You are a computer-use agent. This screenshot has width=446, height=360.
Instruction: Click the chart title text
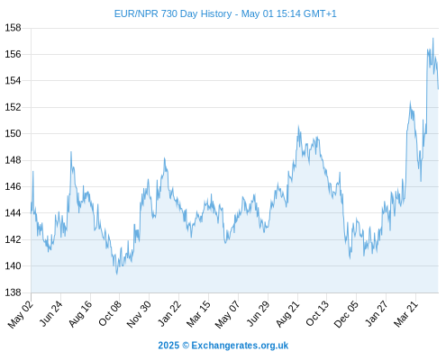click(225, 13)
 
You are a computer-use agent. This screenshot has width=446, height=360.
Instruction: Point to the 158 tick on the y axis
click(13, 28)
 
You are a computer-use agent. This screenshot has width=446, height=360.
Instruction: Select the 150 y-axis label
click(13, 133)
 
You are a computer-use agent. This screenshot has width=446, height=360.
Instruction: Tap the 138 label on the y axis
click(13, 292)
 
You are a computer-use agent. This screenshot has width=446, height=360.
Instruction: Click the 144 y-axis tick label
click(13, 213)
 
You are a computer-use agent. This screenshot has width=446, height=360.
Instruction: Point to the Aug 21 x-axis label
click(287, 314)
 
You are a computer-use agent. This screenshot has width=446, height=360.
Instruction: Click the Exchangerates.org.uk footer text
click(240, 346)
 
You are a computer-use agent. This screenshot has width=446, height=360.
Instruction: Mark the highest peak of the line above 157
click(432, 39)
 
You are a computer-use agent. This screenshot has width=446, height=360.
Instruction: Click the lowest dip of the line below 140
click(117, 274)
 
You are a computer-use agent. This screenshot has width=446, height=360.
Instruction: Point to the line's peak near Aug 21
click(298, 126)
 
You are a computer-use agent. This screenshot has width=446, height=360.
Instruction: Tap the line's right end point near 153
click(438, 89)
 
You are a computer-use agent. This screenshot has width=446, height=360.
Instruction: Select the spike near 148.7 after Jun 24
click(71, 152)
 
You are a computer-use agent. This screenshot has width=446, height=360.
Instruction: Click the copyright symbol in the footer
click(186, 346)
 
